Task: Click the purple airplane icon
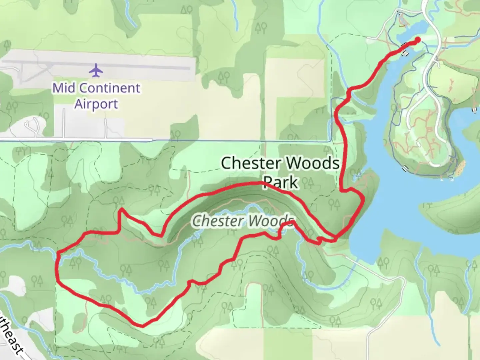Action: [96, 70]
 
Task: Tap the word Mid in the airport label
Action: [64, 88]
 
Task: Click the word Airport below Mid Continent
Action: [96, 104]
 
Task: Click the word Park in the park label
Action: [280, 182]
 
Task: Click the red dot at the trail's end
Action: [417, 40]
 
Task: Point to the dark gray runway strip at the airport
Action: [100, 68]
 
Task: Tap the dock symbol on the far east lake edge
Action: [474, 110]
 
